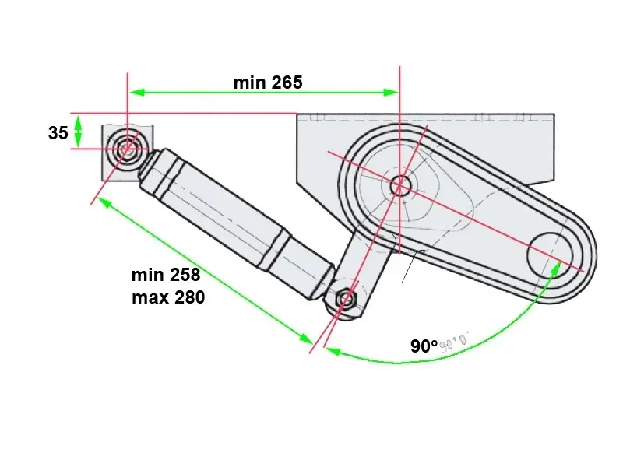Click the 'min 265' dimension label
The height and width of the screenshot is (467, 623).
[x=267, y=83]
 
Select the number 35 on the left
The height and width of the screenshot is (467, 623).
[x=58, y=133]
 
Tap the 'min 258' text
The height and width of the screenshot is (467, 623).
[x=166, y=275]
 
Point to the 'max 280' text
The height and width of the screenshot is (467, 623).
[x=167, y=297]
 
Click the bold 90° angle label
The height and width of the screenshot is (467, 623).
[x=424, y=346]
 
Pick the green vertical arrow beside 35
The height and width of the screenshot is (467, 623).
[x=78, y=131]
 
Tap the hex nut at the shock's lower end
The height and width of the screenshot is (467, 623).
[x=346, y=299]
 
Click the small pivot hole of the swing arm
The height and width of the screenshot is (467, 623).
[x=400, y=185]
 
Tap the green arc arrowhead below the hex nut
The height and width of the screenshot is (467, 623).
[x=330, y=351]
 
